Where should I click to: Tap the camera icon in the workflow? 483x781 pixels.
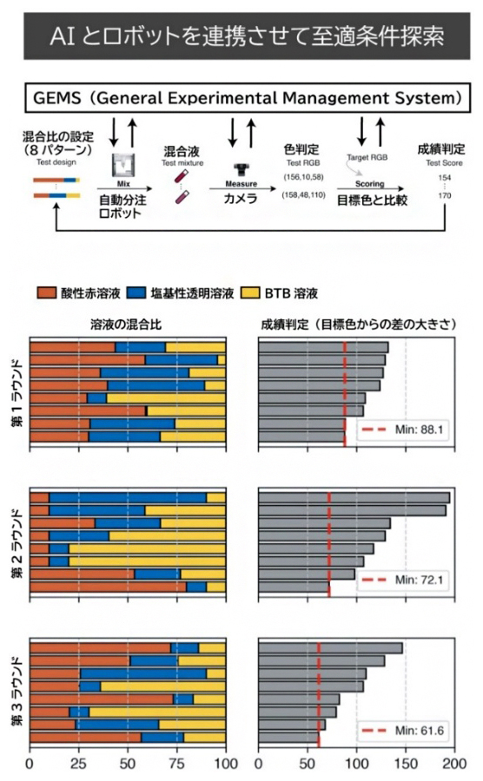(241, 168)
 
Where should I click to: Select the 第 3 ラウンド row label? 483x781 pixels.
(17, 693)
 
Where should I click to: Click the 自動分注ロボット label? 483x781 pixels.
(115, 205)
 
